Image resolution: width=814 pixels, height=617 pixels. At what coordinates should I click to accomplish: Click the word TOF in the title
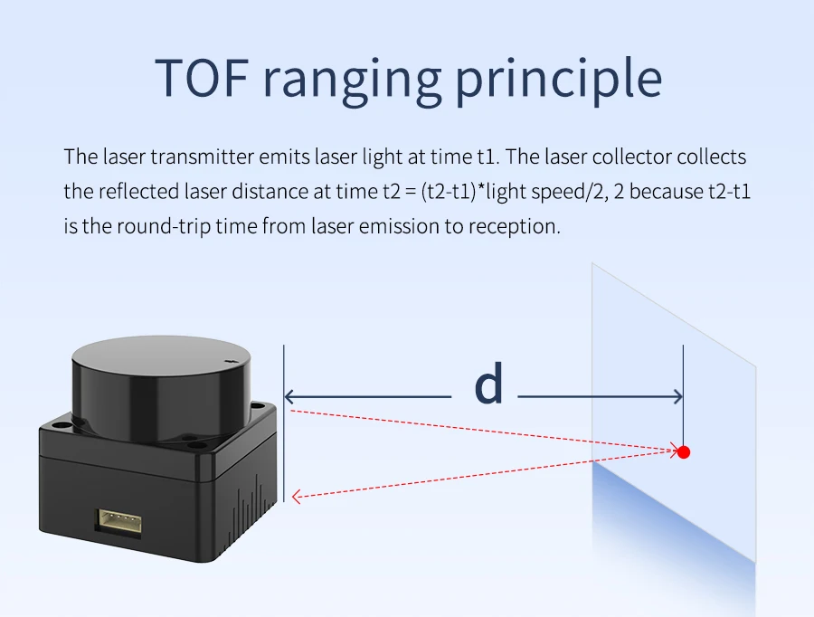(x=200, y=78)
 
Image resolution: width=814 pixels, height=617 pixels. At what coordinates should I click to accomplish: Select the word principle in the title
(x=558, y=80)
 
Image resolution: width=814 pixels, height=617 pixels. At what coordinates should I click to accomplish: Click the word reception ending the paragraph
(x=514, y=225)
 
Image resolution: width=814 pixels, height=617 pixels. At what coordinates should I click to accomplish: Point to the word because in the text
(x=666, y=191)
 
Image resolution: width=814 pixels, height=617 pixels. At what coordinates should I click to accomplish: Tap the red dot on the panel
(x=684, y=451)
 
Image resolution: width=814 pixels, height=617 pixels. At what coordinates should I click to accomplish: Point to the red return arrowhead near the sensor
(x=297, y=496)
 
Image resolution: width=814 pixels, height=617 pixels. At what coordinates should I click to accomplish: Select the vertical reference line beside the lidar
(x=284, y=425)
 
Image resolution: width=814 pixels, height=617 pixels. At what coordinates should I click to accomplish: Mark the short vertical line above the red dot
(x=683, y=389)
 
